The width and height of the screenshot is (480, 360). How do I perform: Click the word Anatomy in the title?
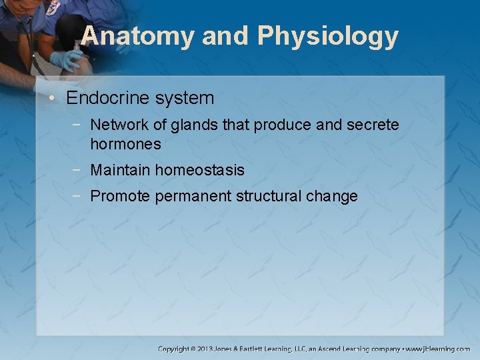click(137, 36)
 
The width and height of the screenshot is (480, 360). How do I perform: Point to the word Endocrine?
click(108, 99)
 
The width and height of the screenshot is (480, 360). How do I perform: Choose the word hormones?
click(125, 144)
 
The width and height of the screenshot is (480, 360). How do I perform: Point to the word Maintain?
click(121, 171)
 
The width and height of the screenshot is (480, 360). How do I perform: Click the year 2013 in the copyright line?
click(205, 349)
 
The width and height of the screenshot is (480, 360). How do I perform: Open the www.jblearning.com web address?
click(438, 349)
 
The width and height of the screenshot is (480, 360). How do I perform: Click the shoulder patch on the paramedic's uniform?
click(52, 8)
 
